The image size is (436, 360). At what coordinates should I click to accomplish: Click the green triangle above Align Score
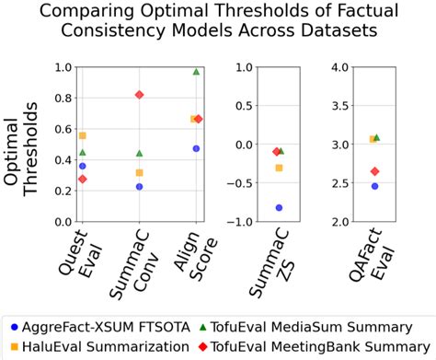[x=196, y=72]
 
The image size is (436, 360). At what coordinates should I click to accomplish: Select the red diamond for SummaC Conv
[x=139, y=95]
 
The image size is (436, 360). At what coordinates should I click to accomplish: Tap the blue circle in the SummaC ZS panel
[x=279, y=208]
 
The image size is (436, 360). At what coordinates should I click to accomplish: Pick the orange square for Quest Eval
[x=83, y=135]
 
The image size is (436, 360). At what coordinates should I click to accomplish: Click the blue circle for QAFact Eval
[x=374, y=186]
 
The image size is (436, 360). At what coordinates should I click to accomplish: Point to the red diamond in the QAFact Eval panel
[x=374, y=171]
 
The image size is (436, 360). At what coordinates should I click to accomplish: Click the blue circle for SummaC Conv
[x=139, y=187]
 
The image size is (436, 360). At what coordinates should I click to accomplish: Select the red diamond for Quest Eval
[x=83, y=179]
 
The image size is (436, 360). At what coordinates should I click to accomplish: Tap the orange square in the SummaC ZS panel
[x=279, y=168]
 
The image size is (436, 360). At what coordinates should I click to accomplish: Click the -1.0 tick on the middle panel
[x=241, y=222]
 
